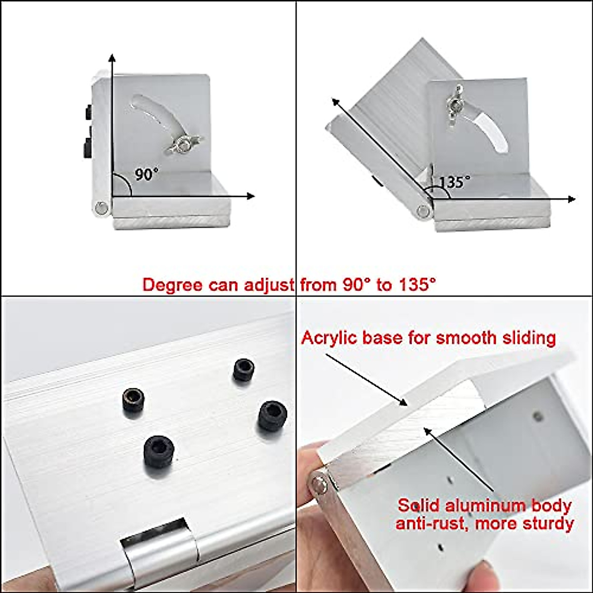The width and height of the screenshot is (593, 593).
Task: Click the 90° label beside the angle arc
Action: [x=147, y=174]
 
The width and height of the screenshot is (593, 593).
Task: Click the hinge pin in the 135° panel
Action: [x=423, y=211]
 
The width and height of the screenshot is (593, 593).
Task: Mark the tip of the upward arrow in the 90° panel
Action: [x=113, y=55]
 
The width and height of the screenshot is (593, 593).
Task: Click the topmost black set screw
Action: [x=244, y=369]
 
